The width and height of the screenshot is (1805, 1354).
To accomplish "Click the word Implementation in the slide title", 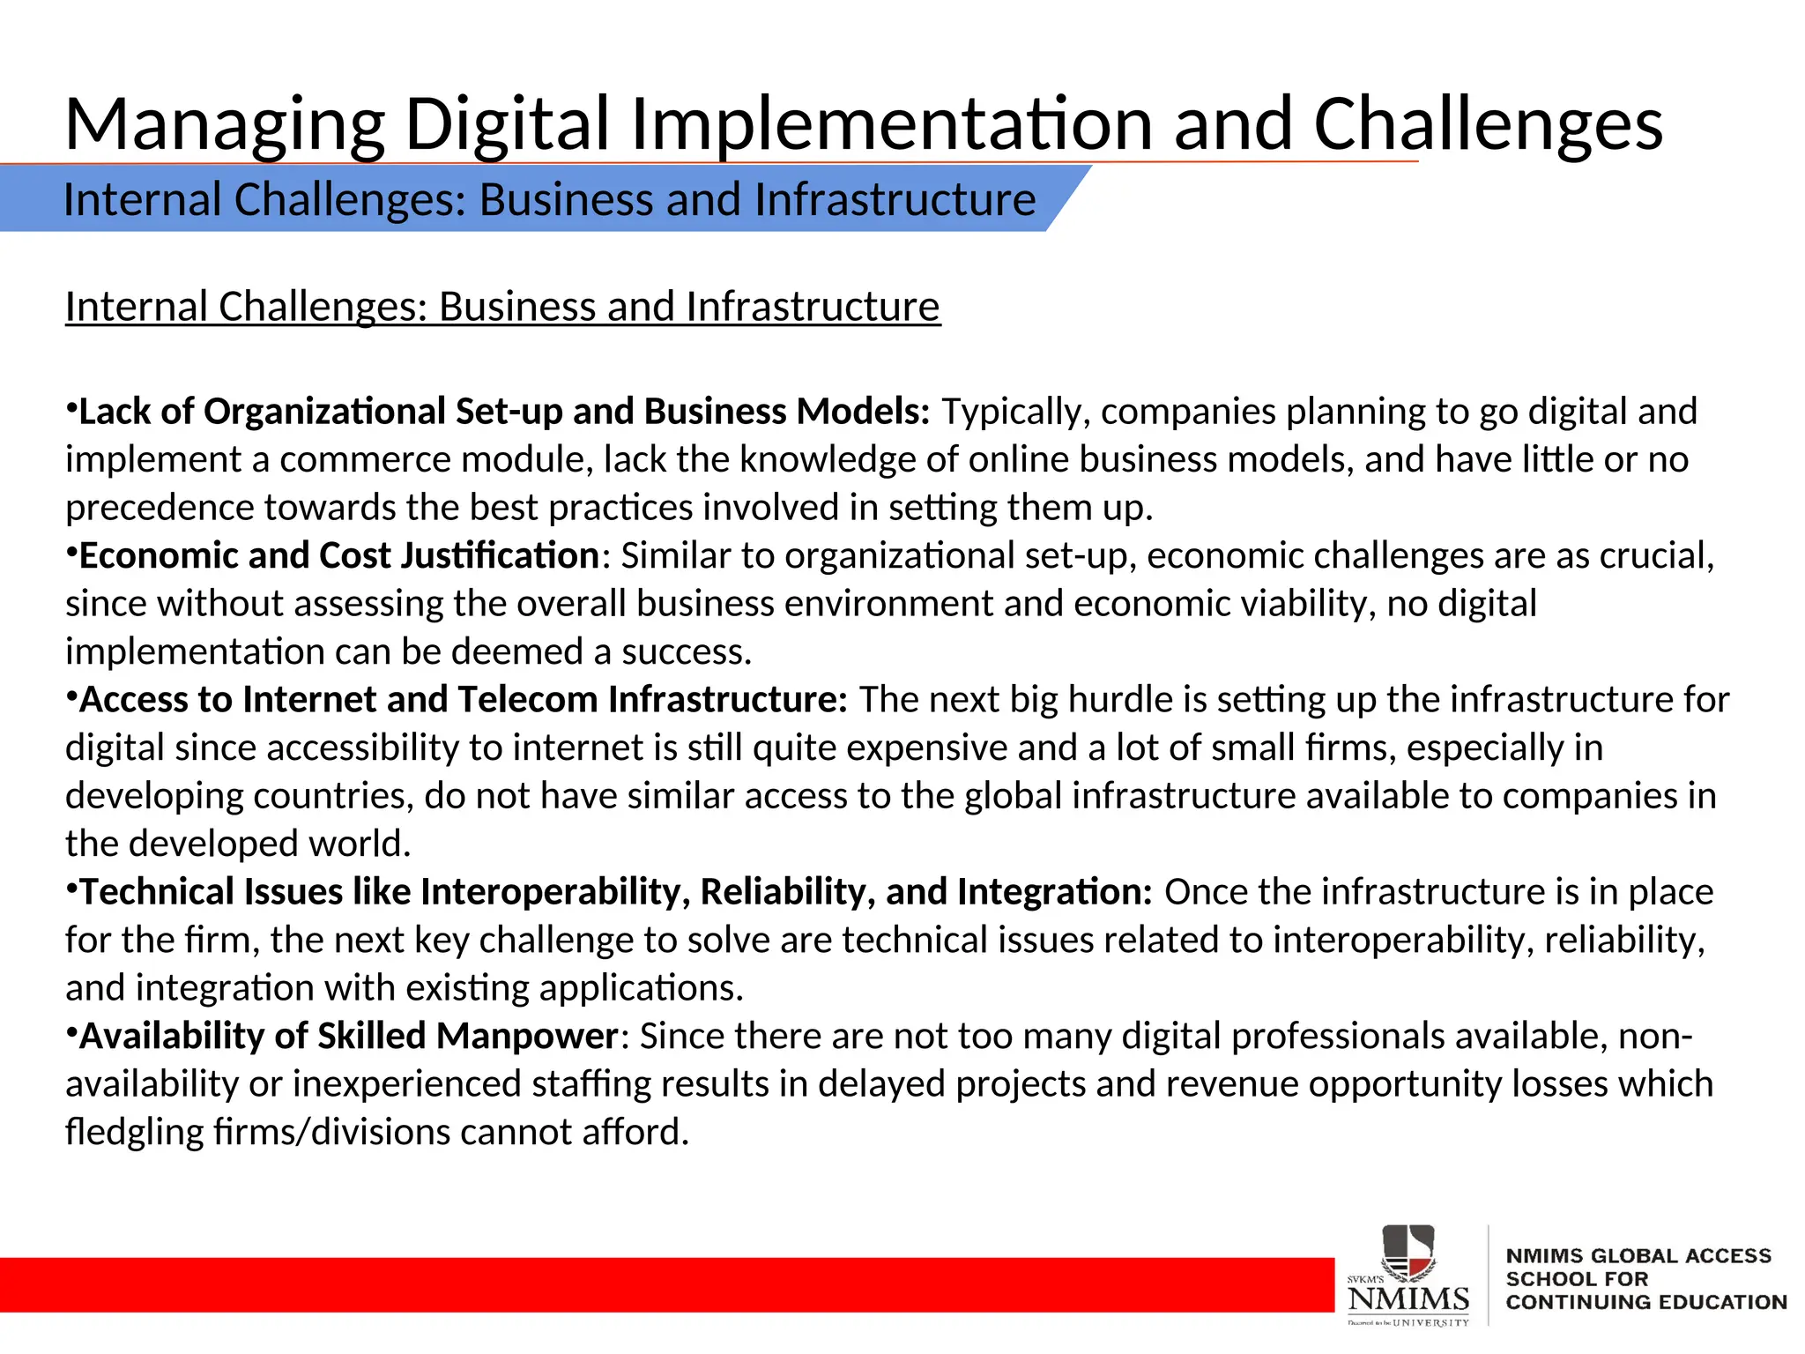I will point(890,125).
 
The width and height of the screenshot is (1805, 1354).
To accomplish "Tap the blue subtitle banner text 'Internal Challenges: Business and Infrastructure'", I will point(549,199).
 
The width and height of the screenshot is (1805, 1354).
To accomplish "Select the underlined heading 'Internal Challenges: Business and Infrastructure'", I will point(502,307).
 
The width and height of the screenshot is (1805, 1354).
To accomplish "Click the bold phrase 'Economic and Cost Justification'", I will point(339,555).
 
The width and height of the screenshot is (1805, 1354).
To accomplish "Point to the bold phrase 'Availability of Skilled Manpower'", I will point(349,1036).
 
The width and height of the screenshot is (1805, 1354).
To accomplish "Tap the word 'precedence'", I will point(159,508).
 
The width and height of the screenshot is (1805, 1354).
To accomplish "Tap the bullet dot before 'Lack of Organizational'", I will point(71,408).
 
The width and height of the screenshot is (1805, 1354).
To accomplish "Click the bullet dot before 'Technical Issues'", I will point(71,889).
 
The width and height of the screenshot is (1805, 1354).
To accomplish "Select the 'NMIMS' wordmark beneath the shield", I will point(1408,1298).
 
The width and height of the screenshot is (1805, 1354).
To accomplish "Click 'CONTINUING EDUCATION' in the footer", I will point(1645,1302).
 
